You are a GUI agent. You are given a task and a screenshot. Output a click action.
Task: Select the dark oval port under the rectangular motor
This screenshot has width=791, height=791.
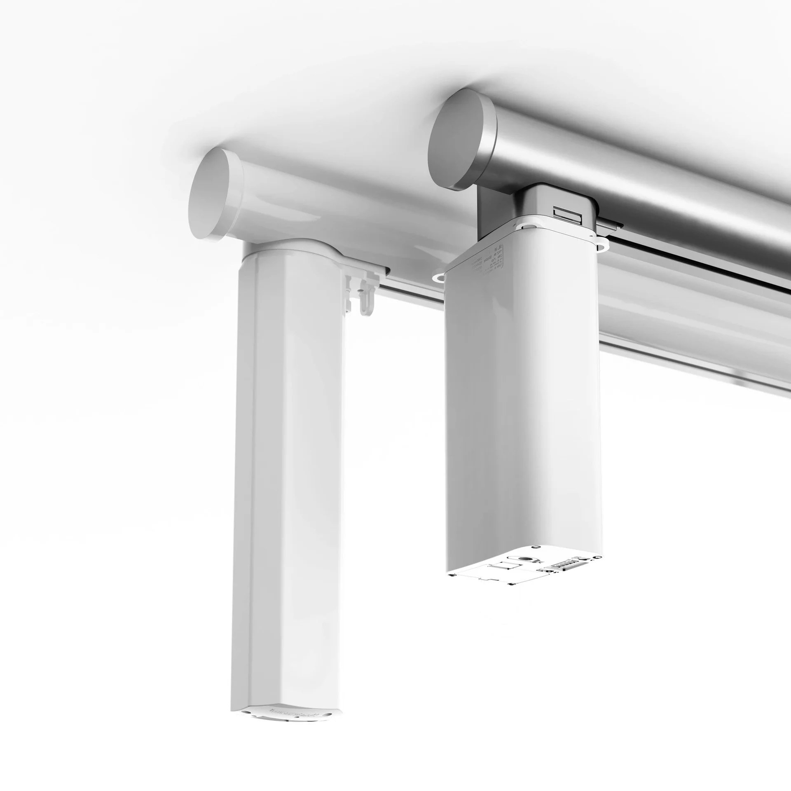point(525,559)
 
